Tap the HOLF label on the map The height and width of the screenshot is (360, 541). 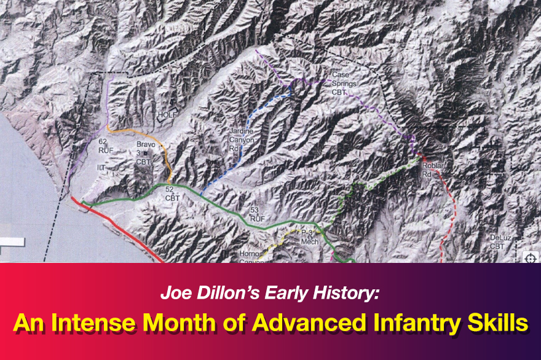point(167,115)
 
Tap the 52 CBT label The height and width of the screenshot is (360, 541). point(169,194)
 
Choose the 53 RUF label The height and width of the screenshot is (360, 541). point(257,213)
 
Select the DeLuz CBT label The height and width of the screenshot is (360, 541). point(497,241)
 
